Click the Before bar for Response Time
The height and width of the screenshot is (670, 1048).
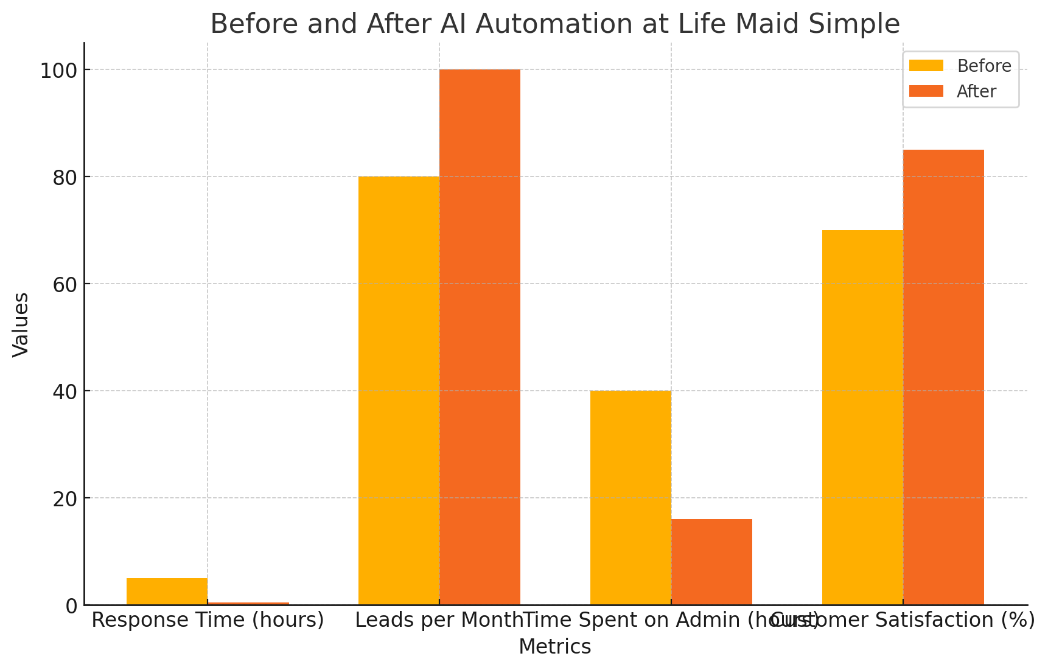(x=167, y=591)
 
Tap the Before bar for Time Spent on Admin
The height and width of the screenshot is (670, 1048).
(x=631, y=498)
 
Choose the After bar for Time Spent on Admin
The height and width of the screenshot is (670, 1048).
(x=711, y=562)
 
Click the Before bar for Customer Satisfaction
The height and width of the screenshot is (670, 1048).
(x=862, y=417)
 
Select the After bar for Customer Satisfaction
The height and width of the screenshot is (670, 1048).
(x=943, y=377)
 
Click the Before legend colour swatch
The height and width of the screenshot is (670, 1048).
(x=926, y=66)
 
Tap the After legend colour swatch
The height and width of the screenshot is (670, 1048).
(x=926, y=91)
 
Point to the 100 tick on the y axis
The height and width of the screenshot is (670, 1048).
(x=58, y=71)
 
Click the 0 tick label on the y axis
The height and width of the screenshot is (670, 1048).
(x=71, y=606)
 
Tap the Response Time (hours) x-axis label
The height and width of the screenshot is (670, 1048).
(x=208, y=621)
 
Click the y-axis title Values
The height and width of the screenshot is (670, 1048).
(x=21, y=324)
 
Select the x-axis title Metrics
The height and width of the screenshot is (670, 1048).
(x=554, y=647)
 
